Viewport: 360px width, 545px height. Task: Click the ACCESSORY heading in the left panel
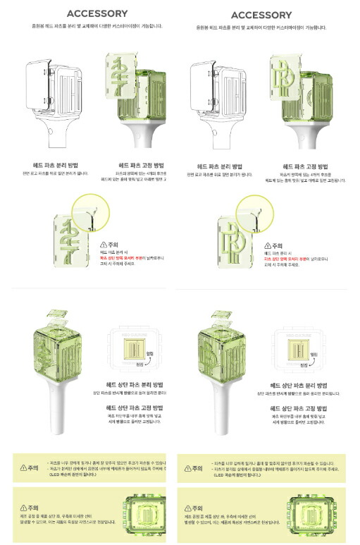tap(97, 13)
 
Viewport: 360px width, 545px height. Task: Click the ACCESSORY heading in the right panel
tap(261, 15)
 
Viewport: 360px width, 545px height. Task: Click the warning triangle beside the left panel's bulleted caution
tap(24, 467)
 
